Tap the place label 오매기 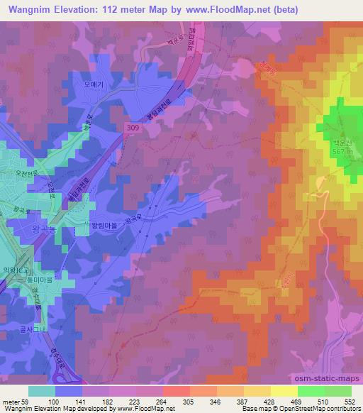[94, 84]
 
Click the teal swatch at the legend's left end [42, 390]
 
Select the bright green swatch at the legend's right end [337, 390]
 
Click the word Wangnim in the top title [28, 10]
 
